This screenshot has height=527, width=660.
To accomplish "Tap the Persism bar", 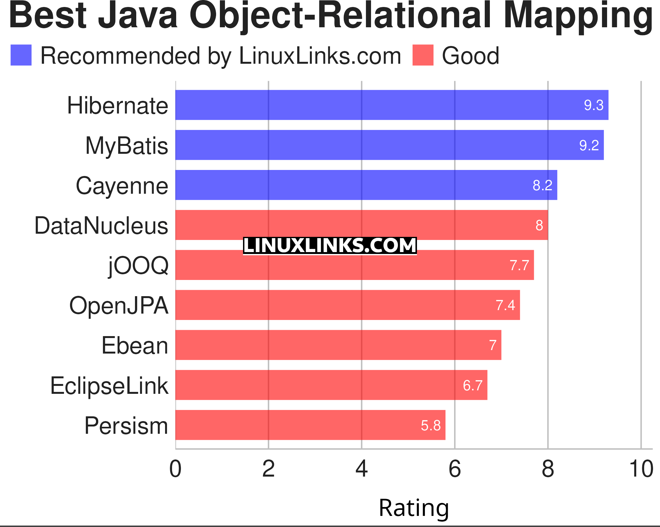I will (310, 425).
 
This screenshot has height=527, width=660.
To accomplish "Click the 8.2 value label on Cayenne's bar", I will (542, 185).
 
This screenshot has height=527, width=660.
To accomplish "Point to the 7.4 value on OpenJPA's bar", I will (505, 305).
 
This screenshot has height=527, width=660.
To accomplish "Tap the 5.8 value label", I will (431, 425).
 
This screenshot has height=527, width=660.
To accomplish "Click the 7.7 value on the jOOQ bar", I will (519, 265).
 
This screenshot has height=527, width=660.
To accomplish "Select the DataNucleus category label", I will (101, 225).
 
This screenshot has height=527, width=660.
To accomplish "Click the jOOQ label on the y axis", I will (138, 265).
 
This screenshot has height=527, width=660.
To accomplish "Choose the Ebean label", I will (135, 345).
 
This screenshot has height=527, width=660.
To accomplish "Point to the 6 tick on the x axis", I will (455, 469).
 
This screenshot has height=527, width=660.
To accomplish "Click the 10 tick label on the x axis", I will (641, 469).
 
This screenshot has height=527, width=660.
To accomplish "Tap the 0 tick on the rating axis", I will (175, 469).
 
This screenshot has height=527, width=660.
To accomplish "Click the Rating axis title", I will (413, 508).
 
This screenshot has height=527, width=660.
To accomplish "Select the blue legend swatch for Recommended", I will (21, 55).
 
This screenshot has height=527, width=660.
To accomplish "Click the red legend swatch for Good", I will (423, 55).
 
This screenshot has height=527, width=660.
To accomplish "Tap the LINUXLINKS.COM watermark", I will (330, 246).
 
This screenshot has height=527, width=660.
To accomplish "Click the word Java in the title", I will (138, 16).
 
